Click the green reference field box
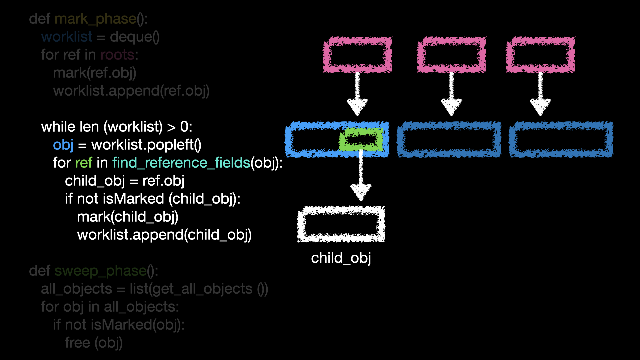coord(361,139)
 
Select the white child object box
coord(341,224)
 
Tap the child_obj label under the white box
coord(341,258)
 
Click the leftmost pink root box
coord(357,55)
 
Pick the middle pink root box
coord(451,55)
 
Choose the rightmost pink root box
coord(540,55)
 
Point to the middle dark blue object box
coord(449,139)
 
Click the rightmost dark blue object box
coord(561,139)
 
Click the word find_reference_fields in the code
coord(181,163)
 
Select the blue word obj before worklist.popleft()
coord(63,145)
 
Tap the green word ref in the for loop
coord(84,163)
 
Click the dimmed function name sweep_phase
coord(100,271)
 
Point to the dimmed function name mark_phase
coord(95,19)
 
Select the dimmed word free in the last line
coord(77,343)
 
